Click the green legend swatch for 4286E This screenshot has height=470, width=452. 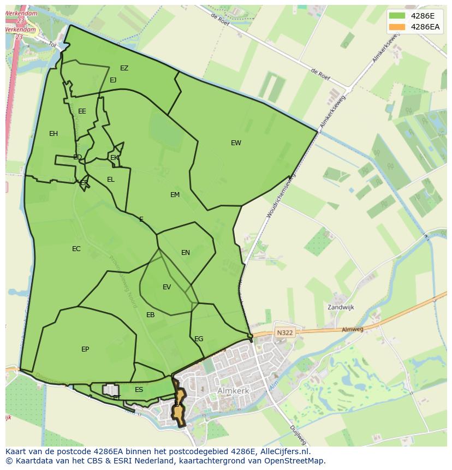(397, 15)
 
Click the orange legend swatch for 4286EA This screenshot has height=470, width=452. (397, 27)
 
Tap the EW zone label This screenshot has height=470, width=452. (236, 143)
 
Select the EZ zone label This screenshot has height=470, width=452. (124, 68)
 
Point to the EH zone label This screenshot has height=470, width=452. (53, 134)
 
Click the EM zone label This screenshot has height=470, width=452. (175, 195)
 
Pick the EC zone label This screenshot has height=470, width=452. (76, 249)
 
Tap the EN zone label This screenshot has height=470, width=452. (186, 253)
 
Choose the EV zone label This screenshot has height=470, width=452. (167, 287)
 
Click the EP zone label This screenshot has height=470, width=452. (85, 349)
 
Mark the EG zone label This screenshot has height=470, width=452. (199, 339)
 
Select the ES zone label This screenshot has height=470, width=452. (139, 390)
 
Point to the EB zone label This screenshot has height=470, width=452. (151, 315)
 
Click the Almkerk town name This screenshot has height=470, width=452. (233, 391)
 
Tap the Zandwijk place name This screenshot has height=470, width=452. (341, 307)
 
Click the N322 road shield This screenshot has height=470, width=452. (284, 332)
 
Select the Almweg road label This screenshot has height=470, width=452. (352, 330)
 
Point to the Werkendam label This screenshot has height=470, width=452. (22, 13)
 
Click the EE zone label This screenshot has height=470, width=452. (82, 111)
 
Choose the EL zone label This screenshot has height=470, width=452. (111, 180)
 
